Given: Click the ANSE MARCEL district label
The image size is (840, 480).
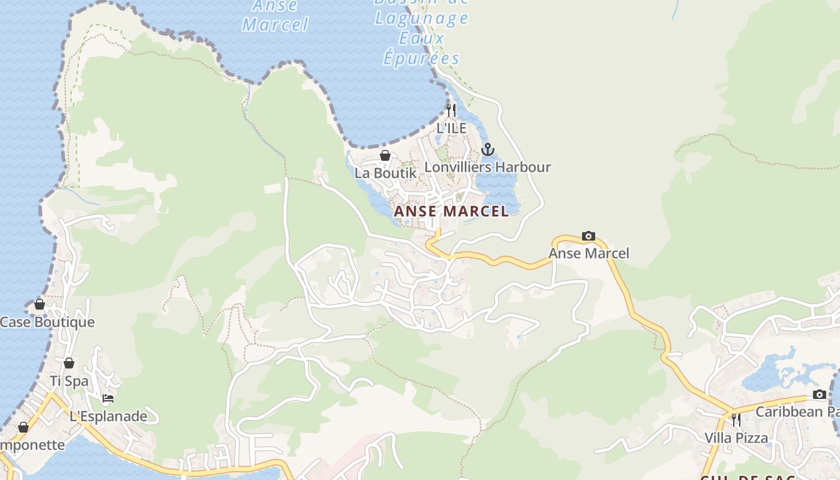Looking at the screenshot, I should pyautogui.click(x=451, y=211).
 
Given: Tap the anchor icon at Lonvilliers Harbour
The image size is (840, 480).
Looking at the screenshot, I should pyautogui.click(x=488, y=149).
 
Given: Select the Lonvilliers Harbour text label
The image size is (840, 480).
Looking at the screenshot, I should pyautogui.click(x=487, y=167).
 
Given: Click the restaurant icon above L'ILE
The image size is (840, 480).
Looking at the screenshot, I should pyautogui.click(x=451, y=110).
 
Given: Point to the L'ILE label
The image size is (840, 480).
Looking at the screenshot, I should pyautogui.click(x=451, y=128).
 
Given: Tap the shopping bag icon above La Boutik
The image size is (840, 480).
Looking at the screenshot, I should pyautogui.click(x=385, y=155).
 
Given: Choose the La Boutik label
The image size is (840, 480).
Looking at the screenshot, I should pyautogui.click(x=385, y=173).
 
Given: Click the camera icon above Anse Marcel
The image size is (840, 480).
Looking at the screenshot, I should pyautogui.click(x=589, y=236).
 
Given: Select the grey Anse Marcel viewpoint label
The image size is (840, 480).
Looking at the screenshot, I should pyautogui.click(x=589, y=253).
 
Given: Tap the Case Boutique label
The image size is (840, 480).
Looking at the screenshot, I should pyautogui.click(x=47, y=322).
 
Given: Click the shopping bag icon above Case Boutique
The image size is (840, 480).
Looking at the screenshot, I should pyautogui.click(x=40, y=304).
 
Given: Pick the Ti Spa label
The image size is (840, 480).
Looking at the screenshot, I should pyautogui.click(x=69, y=381).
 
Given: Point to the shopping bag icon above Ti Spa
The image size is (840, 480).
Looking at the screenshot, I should pyautogui.click(x=69, y=363).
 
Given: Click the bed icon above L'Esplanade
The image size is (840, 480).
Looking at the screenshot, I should pyautogui.click(x=108, y=398).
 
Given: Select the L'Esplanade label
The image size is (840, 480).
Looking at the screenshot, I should pyautogui.click(x=109, y=416).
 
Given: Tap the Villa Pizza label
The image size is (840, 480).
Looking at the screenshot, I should pyautogui.click(x=736, y=438).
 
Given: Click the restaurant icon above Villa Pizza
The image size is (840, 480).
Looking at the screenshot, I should pyautogui.click(x=736, y=419).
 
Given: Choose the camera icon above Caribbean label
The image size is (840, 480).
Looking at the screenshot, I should pyautogui.click(x=819, y=394).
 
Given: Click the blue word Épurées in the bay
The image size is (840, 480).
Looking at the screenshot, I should pyautogui.click(x=422, y=58).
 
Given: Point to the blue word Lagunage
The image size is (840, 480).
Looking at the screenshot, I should pyautogui.click(x=421, y=18).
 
